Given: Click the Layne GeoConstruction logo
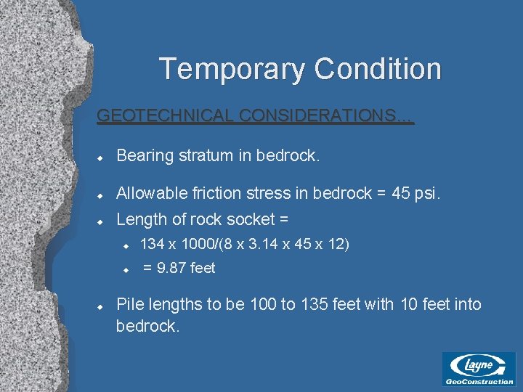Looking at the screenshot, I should [x=479, y=369].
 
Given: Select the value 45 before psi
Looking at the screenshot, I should [x=400, y=193].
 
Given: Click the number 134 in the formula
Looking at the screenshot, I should [x=152, y=244].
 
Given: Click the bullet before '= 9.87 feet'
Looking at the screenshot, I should [x=125, y=269].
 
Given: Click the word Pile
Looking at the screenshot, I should [x=129, y=303].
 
